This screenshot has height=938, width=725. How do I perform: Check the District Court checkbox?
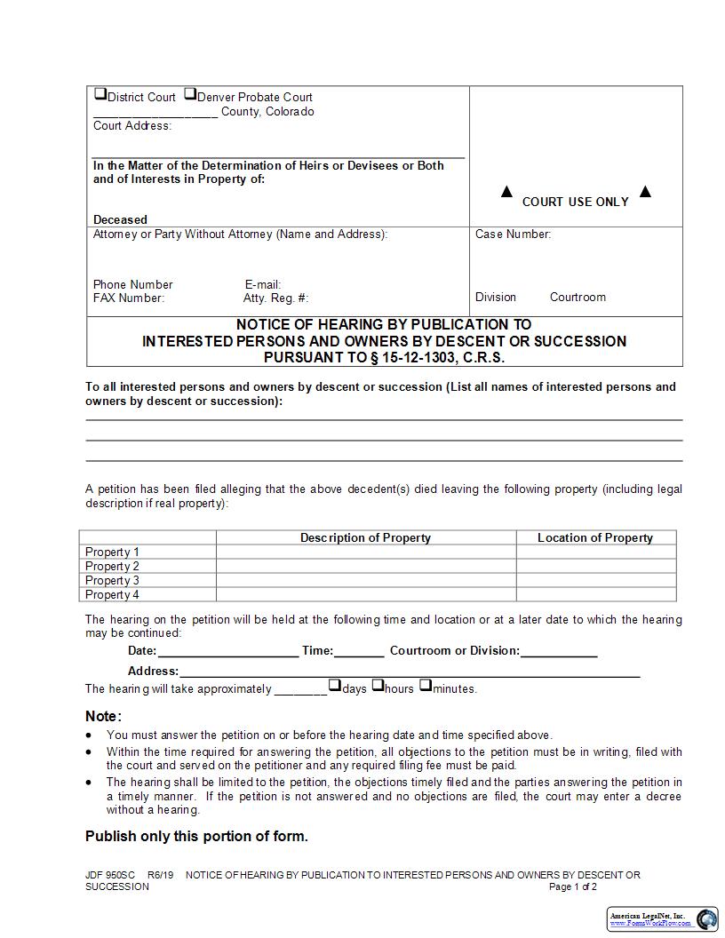coord(100,94)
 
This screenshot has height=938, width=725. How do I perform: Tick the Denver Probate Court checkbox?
coord(190,94)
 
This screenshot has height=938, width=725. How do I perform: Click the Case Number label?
coord(513,234)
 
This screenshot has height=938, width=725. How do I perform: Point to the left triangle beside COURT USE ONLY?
coord(506,192)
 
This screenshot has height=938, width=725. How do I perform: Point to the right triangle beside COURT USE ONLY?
coord(645,192)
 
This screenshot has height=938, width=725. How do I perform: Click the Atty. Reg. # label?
coord(275,298)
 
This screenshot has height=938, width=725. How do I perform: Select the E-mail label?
coord(263,284)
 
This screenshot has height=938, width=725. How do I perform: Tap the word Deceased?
coord(120,219)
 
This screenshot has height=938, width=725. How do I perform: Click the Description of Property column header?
coord(365,537)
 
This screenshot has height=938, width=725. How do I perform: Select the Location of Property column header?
coord(595,537)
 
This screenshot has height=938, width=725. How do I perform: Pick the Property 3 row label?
coord(112,580)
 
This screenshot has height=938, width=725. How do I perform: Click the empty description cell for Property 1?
coord(365,552)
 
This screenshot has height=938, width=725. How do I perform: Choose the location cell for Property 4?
coord(595,594)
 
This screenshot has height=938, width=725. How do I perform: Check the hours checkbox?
coord(378,685)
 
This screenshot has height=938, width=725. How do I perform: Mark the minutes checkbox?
coord(426,685)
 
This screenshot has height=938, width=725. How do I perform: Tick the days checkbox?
coord(335,685)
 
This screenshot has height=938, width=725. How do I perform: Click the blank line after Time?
coord(359,651)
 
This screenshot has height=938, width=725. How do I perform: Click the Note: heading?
coord(103,716)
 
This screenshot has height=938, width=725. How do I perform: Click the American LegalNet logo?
coord(663,919)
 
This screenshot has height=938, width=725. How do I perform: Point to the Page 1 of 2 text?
coord(573,886)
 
